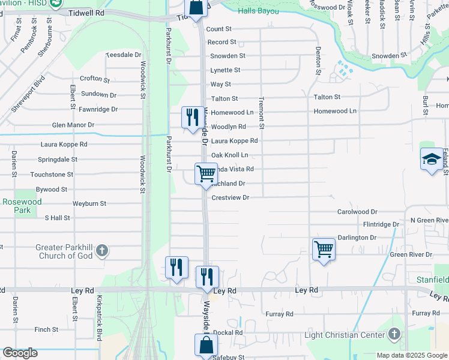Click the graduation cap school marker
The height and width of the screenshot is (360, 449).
pos(432,160)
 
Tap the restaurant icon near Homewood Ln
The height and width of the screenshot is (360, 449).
pos(193,117)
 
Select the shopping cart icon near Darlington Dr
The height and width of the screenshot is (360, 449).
pos(324,248)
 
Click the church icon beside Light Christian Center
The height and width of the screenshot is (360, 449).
pos(394,334)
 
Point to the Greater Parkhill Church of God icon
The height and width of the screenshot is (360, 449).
pos(102,250)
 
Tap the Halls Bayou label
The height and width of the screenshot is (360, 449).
pos(259,11)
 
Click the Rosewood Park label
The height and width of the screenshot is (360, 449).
pos(22,206)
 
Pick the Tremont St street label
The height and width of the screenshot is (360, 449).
pos(261,113)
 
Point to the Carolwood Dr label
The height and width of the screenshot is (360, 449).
pos(357,212)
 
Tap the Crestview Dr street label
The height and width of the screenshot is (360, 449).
pos(230,197)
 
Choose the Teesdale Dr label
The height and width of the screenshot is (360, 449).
pos(123,55)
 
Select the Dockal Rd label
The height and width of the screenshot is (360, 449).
pos(228,332)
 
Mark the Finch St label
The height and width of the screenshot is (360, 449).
pos(46,329)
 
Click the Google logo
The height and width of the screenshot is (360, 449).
pos(20,353)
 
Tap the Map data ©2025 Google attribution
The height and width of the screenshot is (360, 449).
pos(411,355)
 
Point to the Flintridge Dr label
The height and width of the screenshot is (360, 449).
pos(381,224)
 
